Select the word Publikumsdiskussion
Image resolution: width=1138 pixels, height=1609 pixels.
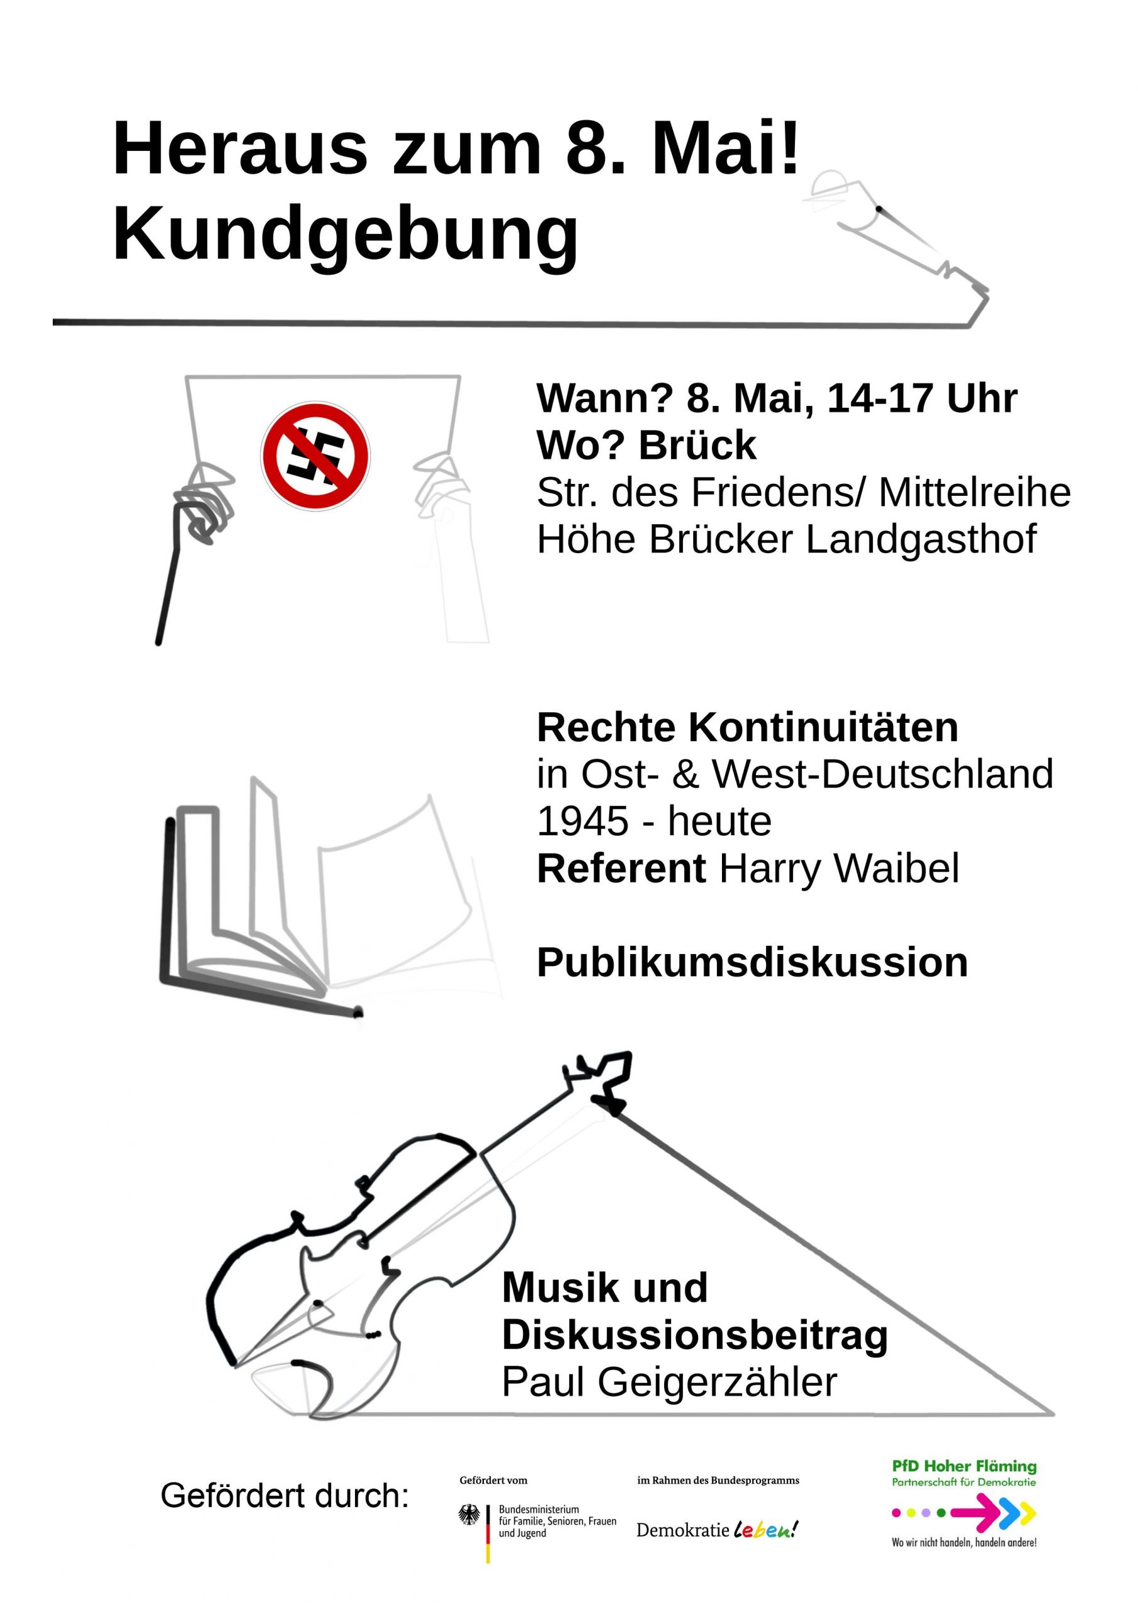tap(753, 962)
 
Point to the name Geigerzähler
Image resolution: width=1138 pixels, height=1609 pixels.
tap(717, 1383)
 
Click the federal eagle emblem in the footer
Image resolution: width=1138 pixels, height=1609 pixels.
tap(469, 1516)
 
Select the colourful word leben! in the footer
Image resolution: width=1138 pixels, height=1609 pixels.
tap(766, 1529)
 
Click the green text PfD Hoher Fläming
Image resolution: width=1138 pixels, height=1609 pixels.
tap(964, 1466)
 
